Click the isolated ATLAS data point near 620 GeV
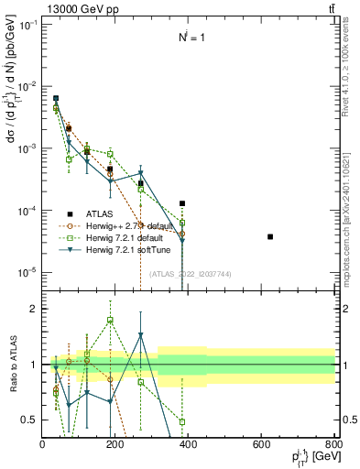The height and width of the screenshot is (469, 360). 270,236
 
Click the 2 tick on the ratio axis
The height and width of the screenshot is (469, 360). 33,309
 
